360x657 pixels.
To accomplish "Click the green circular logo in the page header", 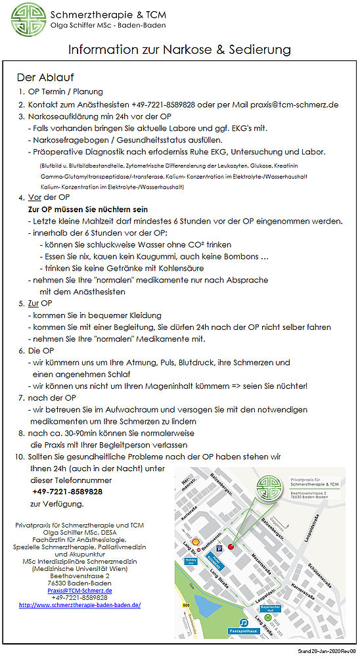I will coord(28,19).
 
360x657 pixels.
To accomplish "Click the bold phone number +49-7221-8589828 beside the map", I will coord(67,491).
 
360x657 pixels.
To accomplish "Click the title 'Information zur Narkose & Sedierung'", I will coord(179,49).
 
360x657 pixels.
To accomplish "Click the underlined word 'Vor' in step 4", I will coord(34,198).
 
